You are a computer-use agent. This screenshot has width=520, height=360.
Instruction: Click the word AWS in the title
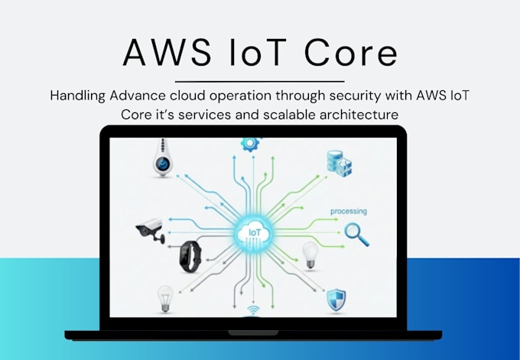pos(167,53)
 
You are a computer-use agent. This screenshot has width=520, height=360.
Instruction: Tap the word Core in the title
pos(350,53)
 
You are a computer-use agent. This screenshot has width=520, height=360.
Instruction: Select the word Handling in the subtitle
pos(77,96)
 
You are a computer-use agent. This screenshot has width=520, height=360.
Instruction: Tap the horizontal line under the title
pos(260,81)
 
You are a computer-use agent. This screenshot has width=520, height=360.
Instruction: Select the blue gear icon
pos(250,144)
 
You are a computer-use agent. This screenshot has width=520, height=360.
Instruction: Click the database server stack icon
pos(340,164)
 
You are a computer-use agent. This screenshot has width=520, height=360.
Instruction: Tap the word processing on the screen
pos(349,212)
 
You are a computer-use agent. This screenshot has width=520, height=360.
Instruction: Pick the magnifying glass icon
pos(356,235)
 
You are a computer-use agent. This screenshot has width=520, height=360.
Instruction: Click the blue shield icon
pos(336,300)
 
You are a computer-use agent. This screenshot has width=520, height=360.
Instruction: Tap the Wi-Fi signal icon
pos(254,311)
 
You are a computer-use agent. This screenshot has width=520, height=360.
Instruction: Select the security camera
pos(150,230)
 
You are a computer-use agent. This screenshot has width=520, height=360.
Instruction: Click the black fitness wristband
pos(190,257)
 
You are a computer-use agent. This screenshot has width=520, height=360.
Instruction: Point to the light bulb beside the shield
pos(310,255)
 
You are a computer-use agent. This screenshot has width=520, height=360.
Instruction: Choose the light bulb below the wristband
pos(165,299)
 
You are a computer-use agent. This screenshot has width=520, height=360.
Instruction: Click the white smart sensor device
pos(163,157)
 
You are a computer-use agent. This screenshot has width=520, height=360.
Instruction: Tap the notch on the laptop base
pos(253,332)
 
